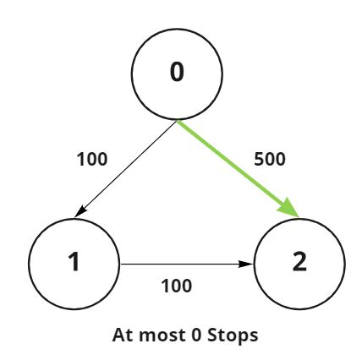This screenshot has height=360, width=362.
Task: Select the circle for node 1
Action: point(74,264)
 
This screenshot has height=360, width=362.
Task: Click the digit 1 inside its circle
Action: point(74,265)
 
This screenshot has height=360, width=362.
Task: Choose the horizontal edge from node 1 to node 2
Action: point(186,264)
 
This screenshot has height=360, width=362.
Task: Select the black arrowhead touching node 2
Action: point(246,264)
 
